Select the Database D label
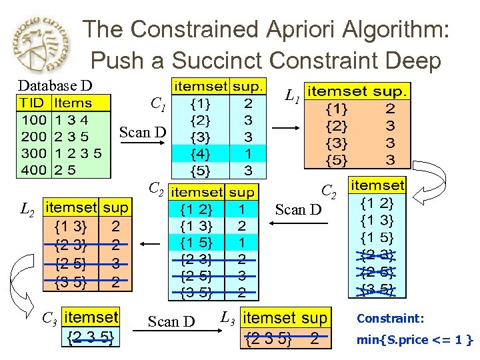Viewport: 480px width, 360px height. pyautogui.click(x=55, y=86)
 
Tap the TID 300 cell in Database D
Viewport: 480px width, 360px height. pyautogui.click(x=33, y=153)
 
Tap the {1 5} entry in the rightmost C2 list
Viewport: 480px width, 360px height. pyautogui.click(x=377, y=237)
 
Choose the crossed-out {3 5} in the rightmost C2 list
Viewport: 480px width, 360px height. pyautogui.click(x=377, y=289)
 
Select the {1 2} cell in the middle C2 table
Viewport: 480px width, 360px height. pyautogui.click(x=197, y=209)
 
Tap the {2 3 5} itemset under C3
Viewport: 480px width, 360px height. pyautogui.click(x=91, y=339)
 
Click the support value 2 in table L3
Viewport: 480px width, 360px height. pyautogui.click(x=315, y=338)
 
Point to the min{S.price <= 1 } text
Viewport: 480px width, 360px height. pyautogui.click(x=414, y=340)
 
